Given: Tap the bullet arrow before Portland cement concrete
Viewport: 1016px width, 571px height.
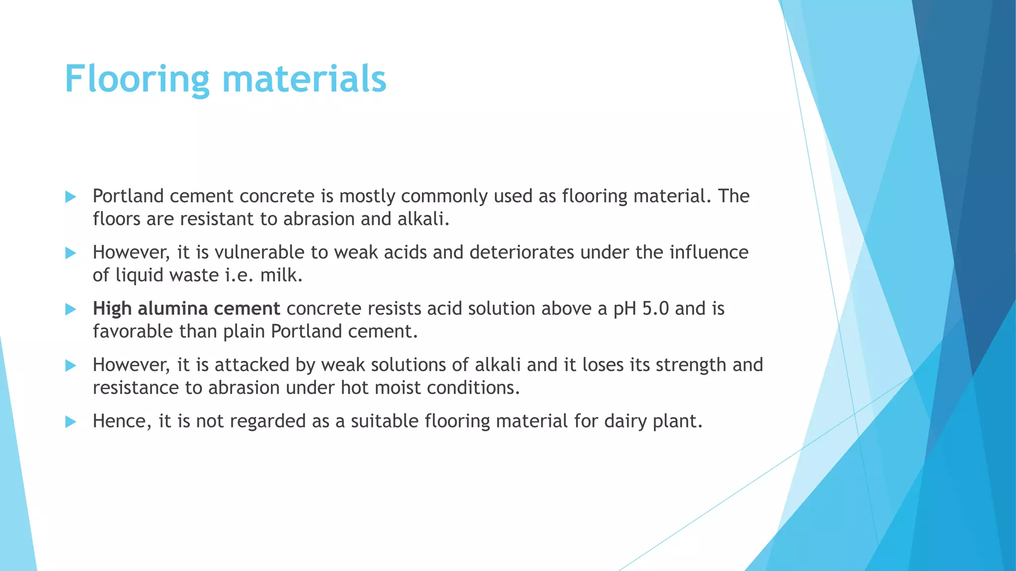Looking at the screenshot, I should pyautogui.click(x=70, y=197).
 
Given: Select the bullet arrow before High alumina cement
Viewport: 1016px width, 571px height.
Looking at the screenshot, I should pyautogui.click(x=70, y=309).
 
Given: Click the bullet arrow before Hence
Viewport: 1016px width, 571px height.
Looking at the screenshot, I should pyautogui.click(x=70, y=422).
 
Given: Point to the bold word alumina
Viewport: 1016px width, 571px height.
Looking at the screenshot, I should pyautogui.click(x=172, y=308).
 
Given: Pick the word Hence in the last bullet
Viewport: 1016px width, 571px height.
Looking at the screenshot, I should pyautogui.click(x=122, y=421).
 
